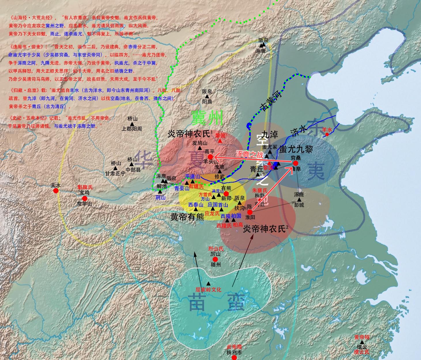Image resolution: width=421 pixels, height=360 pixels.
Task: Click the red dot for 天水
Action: click(56, 191)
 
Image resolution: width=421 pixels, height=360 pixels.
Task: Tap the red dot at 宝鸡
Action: click(84, 198)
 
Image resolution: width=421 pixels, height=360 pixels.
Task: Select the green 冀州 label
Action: click(207, 117)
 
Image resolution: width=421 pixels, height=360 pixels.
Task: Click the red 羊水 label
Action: click(327, 130)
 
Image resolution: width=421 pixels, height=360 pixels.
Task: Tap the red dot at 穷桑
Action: click(295, 163)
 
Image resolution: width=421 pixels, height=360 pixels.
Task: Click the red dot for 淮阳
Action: click(250, 212)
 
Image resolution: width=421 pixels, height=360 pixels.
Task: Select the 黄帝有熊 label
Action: click(187, 217)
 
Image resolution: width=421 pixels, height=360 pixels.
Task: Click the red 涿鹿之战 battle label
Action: click(250, 154)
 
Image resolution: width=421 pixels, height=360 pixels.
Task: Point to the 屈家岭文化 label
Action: click(208, 290)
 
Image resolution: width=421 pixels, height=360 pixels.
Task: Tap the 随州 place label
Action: click(216, 264)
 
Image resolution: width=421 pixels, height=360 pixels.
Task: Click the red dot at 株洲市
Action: click(234, 358)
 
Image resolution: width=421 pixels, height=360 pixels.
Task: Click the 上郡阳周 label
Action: click(132, 129)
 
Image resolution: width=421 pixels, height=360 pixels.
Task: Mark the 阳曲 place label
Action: click(207, 102)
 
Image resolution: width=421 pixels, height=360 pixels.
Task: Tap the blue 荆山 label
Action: click(160, 198)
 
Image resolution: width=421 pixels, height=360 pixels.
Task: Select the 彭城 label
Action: click(299, 205)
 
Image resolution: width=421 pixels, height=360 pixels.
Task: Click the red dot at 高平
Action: click(210, 157)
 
